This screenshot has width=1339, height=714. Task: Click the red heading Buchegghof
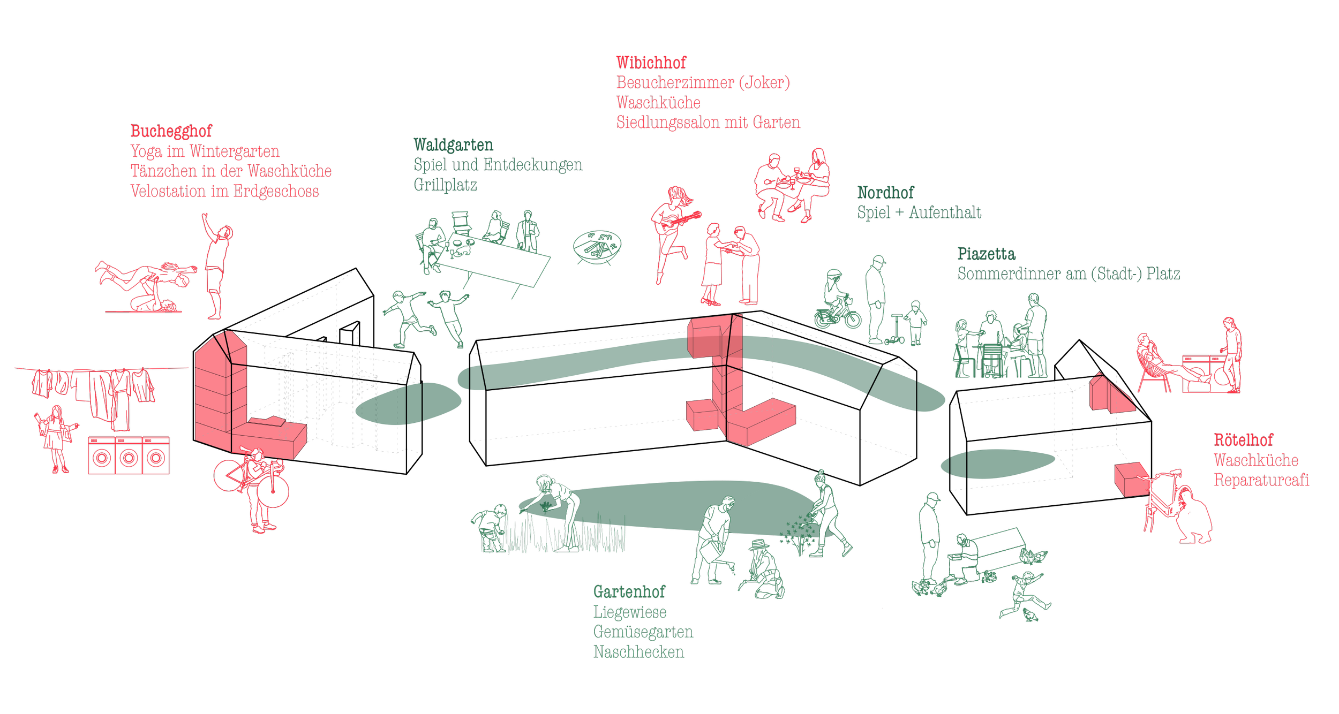pyautogui.click(x=171, y=131)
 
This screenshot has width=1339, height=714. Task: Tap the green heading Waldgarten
pyautogui.click(x=453, y=145)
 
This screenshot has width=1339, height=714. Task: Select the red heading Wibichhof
pyautogui.click(x=651, y=63)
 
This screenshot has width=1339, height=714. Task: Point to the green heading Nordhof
pyautogui.click(x=885, y=193)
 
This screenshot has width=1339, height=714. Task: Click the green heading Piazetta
pyautogui.click(x=986, y=254)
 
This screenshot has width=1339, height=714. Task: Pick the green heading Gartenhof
pyautogui.click(x=629, y=592)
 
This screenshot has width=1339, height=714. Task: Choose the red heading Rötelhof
pyautogui.click(x=1243, y=440)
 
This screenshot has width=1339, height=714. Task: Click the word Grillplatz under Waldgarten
pyautogui.click(x=445, y=185)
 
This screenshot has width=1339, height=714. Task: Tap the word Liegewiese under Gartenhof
pyautogui.click(x=630, y=612)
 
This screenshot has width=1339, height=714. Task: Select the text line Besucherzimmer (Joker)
pyautogui.click(x=703, y=83)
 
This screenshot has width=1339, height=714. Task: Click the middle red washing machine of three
pyautogui.click(x=129, y=455)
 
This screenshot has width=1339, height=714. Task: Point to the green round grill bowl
pyautogui.click(x=597, y=247)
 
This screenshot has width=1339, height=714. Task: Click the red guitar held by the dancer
pyautogui.click(x=678, y=221)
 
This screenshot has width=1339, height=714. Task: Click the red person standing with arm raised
pyautogui.click(x=216, y=265)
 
